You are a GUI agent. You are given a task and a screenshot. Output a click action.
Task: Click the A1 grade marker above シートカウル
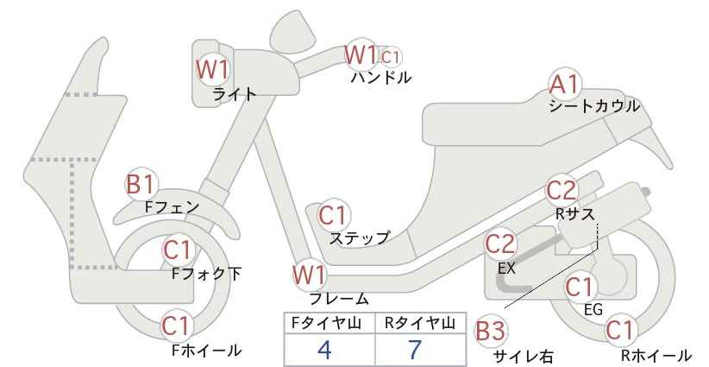point(565,84)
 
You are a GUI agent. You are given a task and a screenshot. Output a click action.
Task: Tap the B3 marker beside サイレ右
point(491,332)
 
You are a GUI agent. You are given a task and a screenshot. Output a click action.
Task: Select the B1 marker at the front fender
point(141,185)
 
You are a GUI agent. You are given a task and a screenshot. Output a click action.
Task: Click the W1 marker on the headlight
point(212,70)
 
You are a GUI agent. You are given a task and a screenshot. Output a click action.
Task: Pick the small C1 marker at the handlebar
point(390,57)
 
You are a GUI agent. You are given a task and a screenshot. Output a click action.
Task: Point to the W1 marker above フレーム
point(310,275)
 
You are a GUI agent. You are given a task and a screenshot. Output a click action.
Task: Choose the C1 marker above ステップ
point(333,215)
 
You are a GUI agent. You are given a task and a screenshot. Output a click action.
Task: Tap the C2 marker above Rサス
point(562,191)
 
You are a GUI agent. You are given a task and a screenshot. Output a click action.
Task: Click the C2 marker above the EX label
point(500,245)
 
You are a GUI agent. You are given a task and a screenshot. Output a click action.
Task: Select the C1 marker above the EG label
point(580,287)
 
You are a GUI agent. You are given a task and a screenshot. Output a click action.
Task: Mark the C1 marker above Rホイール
point(620,330)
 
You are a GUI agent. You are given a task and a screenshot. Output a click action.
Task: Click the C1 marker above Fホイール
point(176,326)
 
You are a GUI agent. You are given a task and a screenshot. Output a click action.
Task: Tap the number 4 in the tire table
point(324,350)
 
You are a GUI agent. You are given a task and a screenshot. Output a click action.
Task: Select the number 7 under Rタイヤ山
point(415,350)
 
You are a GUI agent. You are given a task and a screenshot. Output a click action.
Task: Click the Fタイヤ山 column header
point(326,323)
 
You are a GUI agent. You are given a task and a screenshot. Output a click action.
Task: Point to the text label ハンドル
point(381,78)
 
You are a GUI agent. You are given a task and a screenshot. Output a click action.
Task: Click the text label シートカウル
point(594,107)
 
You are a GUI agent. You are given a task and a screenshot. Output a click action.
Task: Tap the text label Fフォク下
point(207,274)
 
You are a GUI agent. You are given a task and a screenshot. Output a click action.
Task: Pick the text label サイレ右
point(524,357)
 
